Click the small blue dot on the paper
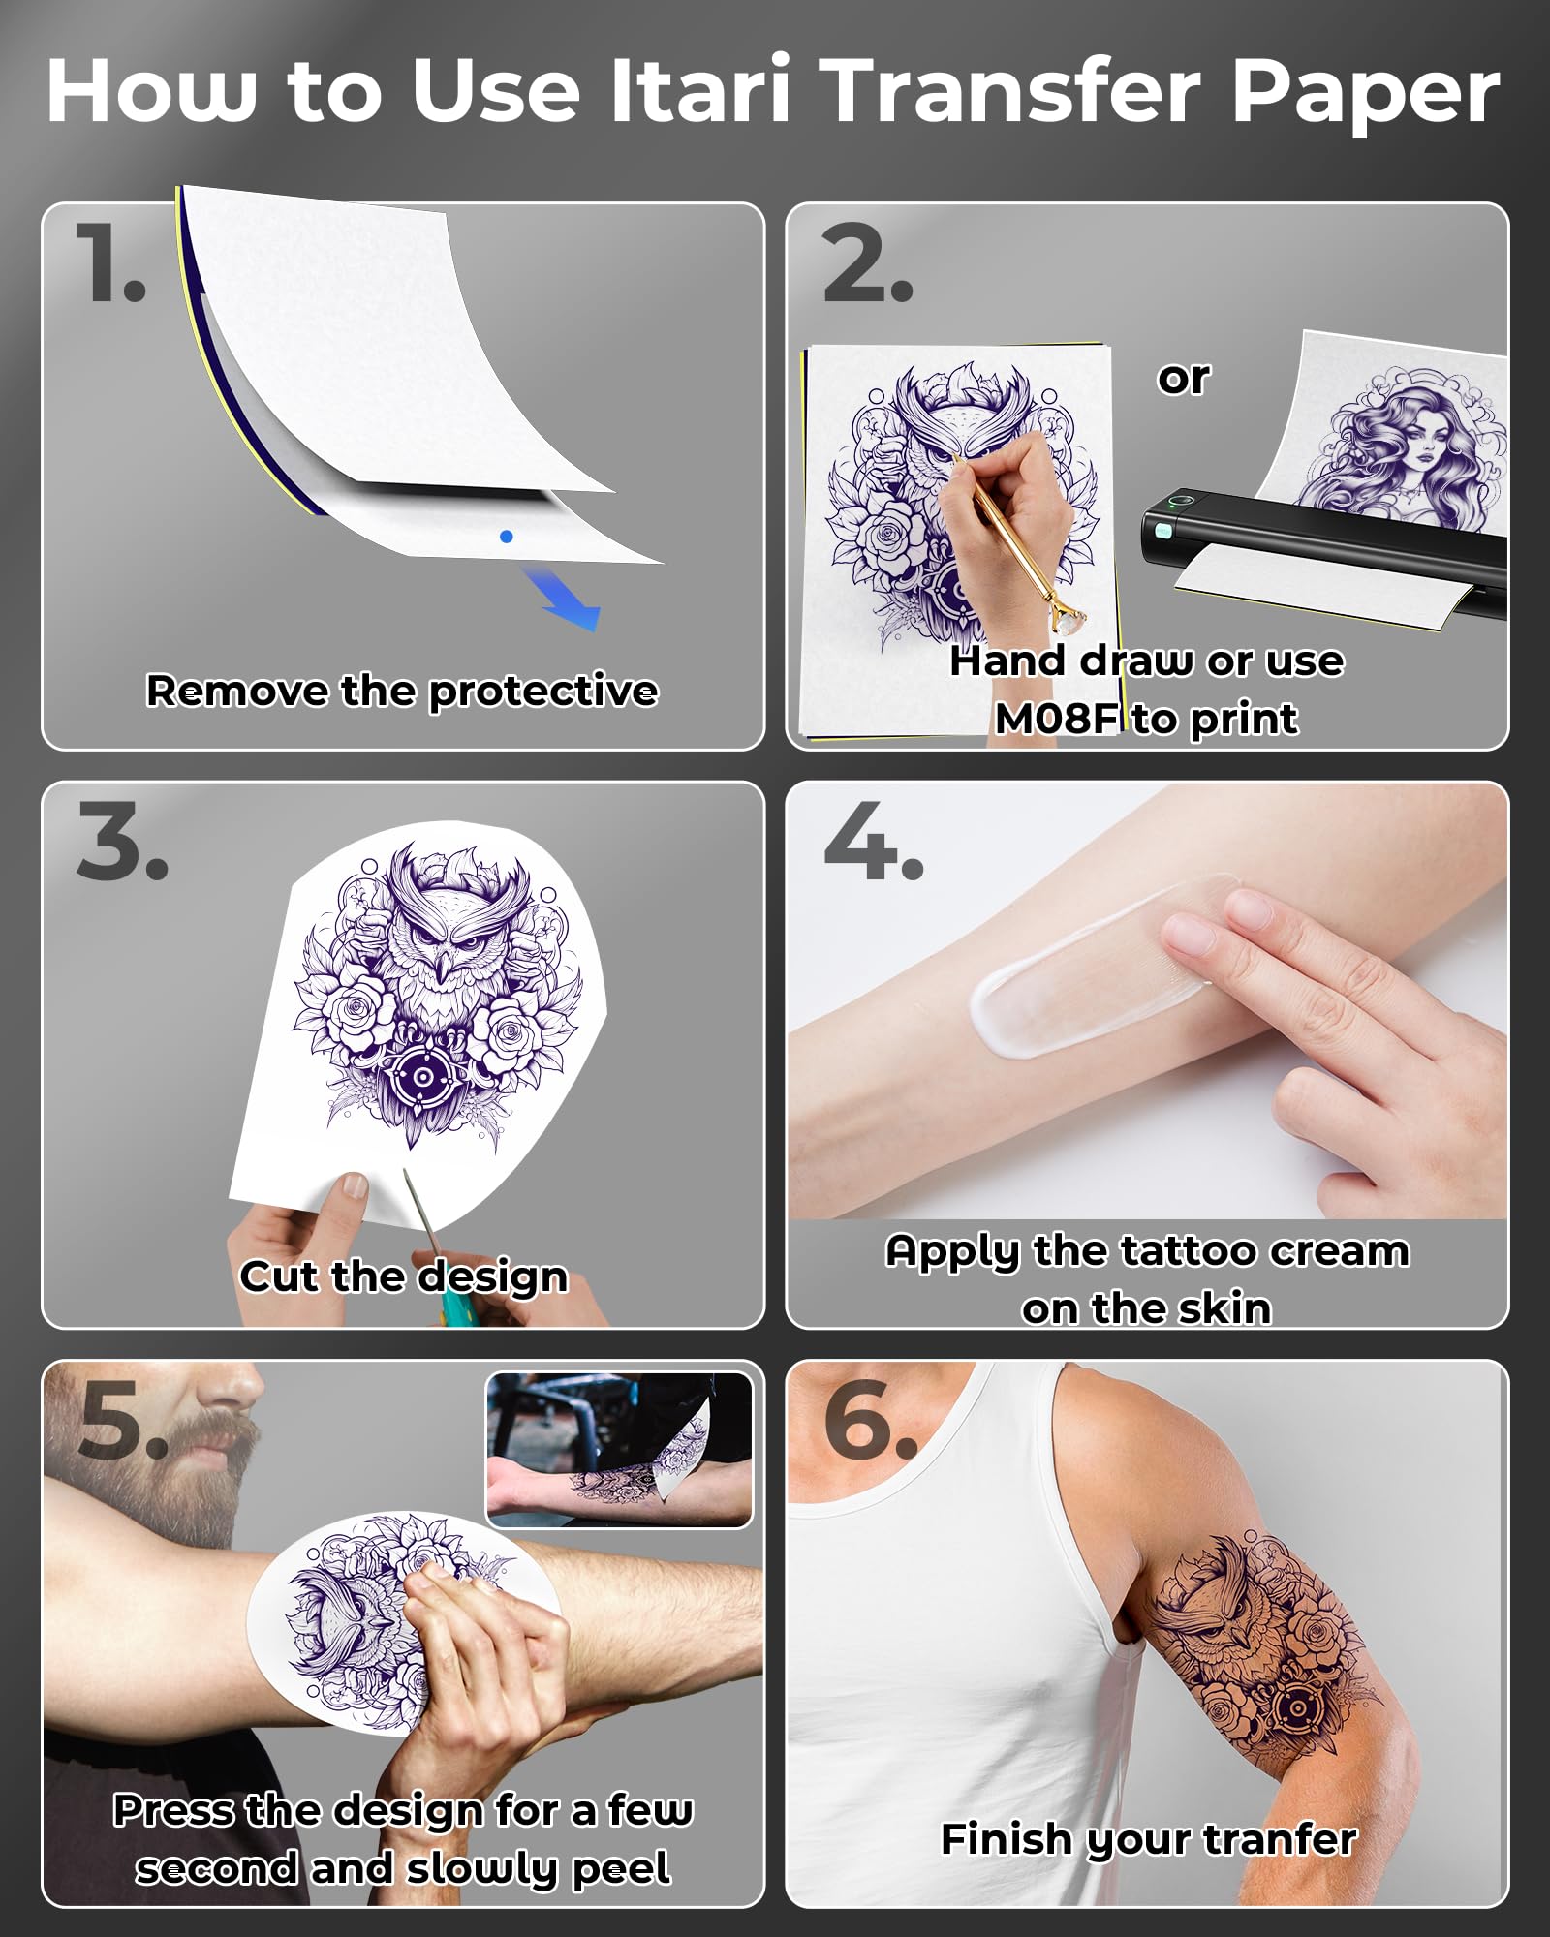point(506,537)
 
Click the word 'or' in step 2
point(1183,378)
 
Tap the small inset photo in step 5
point(618,1450)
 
